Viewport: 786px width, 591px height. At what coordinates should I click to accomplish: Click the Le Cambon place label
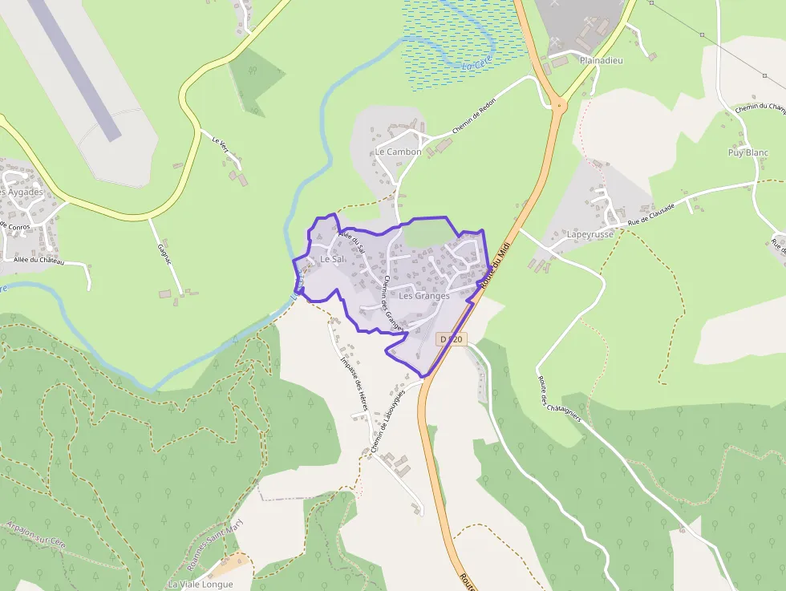coord(398,152)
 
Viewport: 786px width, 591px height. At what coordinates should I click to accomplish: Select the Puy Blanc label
coord(748,152)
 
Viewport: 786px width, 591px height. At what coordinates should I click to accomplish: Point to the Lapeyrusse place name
coord(589,234)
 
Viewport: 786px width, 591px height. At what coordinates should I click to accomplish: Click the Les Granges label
coord(423,296)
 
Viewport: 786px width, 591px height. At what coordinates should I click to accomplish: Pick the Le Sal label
coord(331,260)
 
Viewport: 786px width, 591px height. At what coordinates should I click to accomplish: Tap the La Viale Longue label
coord(200,584)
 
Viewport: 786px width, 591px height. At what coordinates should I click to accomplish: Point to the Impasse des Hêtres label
coord(354,383)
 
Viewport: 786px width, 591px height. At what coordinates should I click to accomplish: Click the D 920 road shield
coord(451,340)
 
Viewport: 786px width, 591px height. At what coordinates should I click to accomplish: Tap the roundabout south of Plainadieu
coord(557,103)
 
